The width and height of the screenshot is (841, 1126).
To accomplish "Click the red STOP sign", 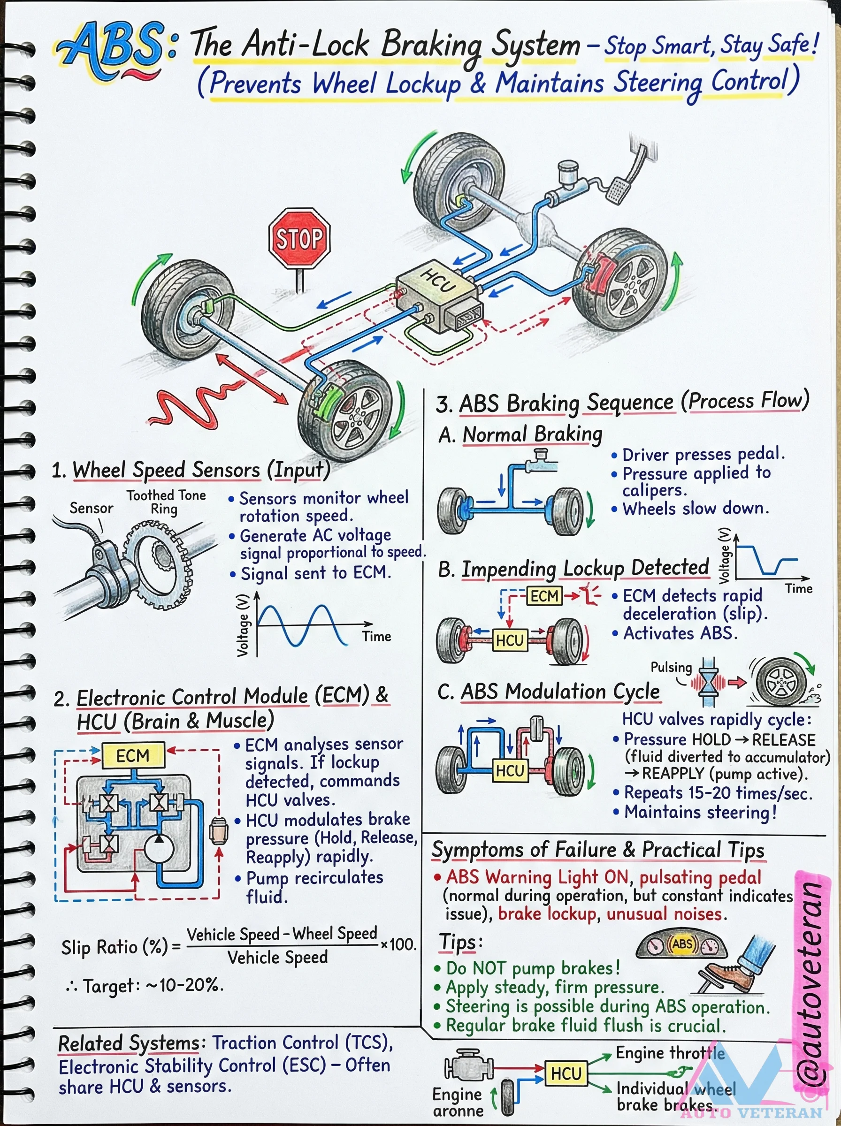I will pyautogui.click(x=299, y=238).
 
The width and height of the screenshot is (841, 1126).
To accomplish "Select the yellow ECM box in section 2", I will pyautogui.click(x=133, y=755).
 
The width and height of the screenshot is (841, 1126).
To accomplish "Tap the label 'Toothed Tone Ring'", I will pyautogui.click(x=166, y=502).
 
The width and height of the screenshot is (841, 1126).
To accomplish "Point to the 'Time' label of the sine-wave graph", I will pyautogui.click(x=376, y=637).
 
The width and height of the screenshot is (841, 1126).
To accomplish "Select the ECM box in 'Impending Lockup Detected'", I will pyautogui.click(x=544, y=596).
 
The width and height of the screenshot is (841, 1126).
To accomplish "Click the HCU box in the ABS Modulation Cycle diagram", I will pyautogui.click(x=510, y=771).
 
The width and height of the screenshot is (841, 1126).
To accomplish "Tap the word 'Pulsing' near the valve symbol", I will pyautogui.click(x=671, y=667).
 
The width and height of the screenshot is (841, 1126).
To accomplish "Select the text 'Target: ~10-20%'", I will pyautogui.click(x=145, y=986).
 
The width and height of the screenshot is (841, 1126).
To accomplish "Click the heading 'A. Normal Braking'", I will pyautogui.click(x=520, y=434).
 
